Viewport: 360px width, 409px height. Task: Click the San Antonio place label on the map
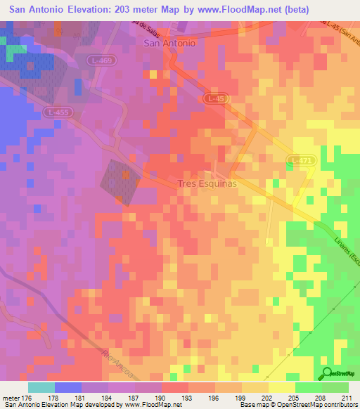tap(169, 43)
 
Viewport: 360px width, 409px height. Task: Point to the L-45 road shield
tap(217, 100)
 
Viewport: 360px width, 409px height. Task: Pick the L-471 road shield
tap(300, 162)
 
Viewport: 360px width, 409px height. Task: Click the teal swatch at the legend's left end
tap(41, 387)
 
